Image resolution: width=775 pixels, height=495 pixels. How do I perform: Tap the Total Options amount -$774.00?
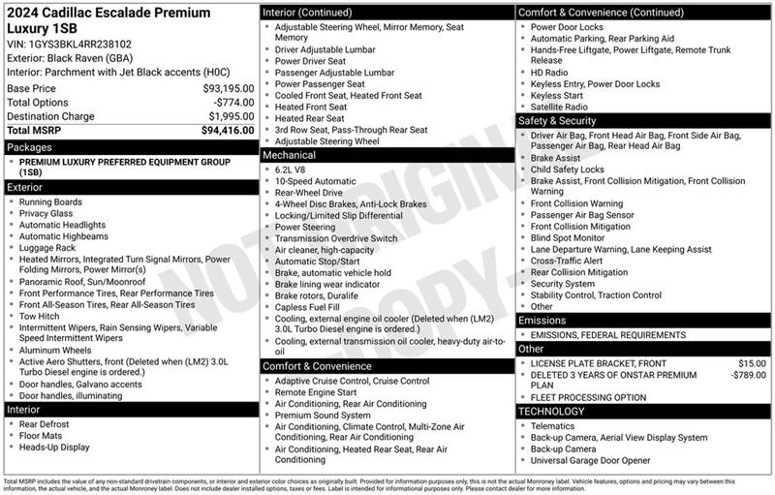(x=232, y=103)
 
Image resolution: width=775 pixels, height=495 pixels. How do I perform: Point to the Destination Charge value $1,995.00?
(x=226, y=116)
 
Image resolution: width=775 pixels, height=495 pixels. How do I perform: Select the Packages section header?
(x=29, y=147)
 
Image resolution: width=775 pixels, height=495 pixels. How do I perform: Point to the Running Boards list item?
(x=51, y=201)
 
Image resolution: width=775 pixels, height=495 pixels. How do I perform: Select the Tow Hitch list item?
(x=41, y=317)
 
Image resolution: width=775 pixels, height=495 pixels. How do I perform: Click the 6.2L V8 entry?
(x=295, y=169)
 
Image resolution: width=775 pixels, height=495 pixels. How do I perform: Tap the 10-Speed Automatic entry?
(x=315, y=181)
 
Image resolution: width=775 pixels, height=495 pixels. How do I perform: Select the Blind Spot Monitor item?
(x=567, y=237)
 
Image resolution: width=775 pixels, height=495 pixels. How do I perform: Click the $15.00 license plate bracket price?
(x=752, y=363)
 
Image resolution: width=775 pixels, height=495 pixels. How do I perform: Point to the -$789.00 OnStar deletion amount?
(x=747, y=375)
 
